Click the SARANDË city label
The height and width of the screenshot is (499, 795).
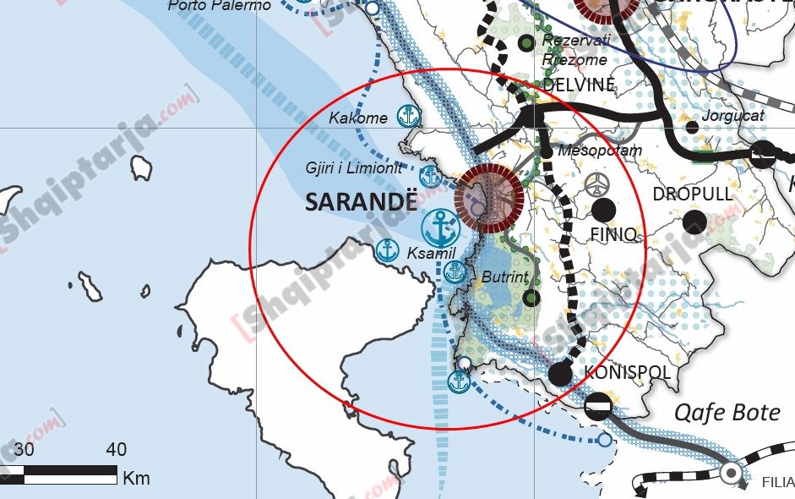[361, 203]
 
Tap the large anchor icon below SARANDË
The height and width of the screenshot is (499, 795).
[438, 227]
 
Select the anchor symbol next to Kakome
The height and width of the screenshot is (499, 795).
[409, 115]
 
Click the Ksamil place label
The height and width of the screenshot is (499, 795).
[431, 254]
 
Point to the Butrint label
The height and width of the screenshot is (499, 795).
[504, 277]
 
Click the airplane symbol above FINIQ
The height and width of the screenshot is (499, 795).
[596, 184]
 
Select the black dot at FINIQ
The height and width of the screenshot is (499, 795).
[603, 211]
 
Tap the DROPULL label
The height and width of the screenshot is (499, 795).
[692, 194]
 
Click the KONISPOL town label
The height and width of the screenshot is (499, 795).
[627, 373]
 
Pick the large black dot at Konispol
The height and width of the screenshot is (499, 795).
[560, 373]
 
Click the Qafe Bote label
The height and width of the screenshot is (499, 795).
[727, 413]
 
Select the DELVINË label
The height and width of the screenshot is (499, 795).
[579, 85]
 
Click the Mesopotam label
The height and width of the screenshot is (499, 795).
[601, 151]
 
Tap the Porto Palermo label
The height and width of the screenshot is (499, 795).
[220, 6]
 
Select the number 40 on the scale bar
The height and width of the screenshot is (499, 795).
[117, 449]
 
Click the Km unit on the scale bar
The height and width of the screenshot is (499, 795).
[136, 478]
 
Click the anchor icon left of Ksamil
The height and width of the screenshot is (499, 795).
[387, 250]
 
